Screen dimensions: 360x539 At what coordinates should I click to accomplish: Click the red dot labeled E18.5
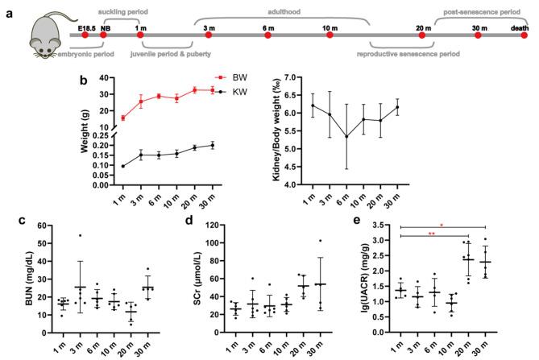[85, 35]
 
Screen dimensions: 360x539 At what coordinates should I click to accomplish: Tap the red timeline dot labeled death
[520, 35]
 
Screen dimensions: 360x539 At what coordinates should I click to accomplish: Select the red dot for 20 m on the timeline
[421, 35]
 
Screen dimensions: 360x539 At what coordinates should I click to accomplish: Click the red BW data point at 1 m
[122, 118]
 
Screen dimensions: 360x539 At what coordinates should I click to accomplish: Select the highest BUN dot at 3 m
[78, 236]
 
